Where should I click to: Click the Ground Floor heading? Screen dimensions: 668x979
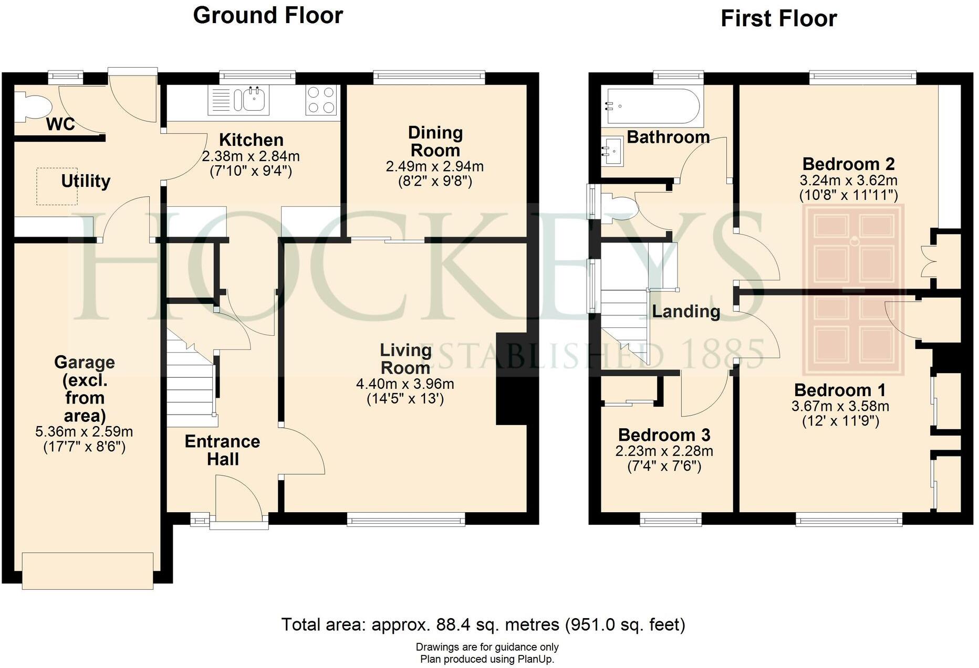pyautogui.click(x=268, y=15)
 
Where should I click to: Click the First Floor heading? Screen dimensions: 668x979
pyautogui.click(x=778, y=19)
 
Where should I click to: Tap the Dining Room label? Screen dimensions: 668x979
pyautogui.click(x=435, y=142)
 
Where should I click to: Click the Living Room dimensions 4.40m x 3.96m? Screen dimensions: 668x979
pyautogui.click(x=405, y=384)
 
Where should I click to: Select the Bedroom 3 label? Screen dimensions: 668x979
pyautogui.click(x=664, y=435)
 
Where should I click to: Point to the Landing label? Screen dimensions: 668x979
pyautogui.click(x=686, y=312)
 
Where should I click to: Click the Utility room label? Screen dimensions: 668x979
pyautogui.click(x=86, y=181)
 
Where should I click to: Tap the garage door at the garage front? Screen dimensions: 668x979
pyautogui.click(x=88, y=570)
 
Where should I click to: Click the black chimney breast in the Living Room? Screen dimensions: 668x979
pyautogui.click(x=511, y=379)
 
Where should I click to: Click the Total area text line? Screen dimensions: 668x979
pyautogui.click(x=483, y=624)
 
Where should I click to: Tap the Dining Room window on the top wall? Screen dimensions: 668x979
pyautogui.click(x=429, y=78)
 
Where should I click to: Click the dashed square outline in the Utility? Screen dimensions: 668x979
pyautogui.click(x=57, y=186)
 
